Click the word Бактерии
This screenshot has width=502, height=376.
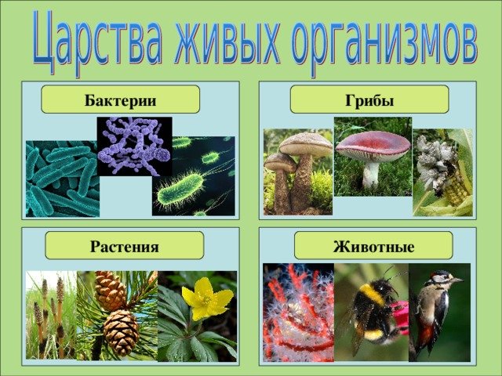coord(120,100)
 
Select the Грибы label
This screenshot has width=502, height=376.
coord(369,100)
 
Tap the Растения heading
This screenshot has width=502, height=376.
coord(125,247)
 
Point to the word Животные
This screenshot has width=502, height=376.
coord(373,247)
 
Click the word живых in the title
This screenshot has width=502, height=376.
coord(227,40)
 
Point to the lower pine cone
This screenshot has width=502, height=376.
coord(122,332)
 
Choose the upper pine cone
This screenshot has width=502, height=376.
coord(111,291)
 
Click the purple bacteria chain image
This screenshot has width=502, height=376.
coord(134,146)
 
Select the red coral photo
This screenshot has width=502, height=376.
coord(298,313)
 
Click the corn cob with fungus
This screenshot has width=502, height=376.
coord(442,172)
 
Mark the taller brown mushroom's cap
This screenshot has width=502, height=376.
coord(306,144)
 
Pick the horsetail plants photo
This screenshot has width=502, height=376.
coord(51,315)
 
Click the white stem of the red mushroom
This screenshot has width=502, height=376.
coord(371,175)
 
